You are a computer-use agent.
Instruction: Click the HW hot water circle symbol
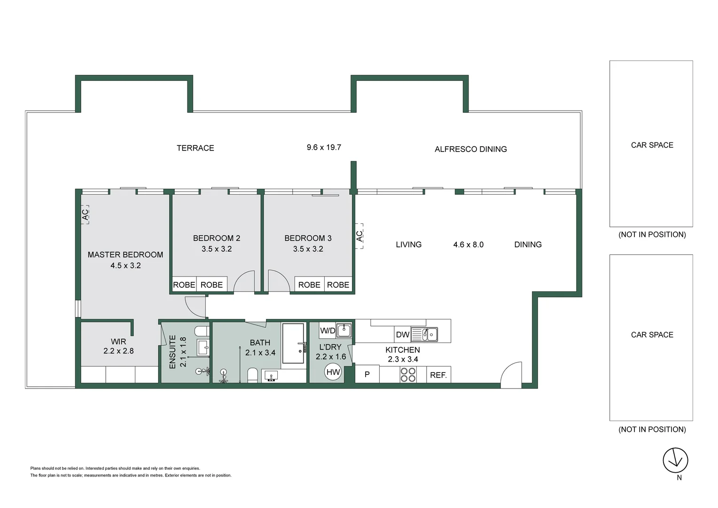click(x=333, y=372)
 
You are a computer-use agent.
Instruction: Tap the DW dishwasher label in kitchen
click(x=402, y=335)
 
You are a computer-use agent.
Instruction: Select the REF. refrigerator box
click(x=438, y=374)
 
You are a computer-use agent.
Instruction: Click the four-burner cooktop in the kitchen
click(x=408, y=374)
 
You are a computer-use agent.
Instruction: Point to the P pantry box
click(x=367, y=374)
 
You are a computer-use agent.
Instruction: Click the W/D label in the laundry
click(x=328, y=331)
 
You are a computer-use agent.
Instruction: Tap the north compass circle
click(x=675, y=460)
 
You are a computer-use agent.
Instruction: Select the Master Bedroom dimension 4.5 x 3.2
click(x=125, y=266)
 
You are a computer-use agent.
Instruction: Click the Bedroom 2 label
click(x=217, y=238)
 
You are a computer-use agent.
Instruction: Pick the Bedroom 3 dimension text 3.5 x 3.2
click(x=308, y=249)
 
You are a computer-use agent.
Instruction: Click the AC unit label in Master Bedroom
click(x=85, y=214)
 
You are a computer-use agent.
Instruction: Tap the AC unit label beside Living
click(x=359, y=236)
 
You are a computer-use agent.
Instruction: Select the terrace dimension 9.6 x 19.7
click(x=324, y=147)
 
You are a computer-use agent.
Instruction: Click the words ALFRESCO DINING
click(x=470, y=149)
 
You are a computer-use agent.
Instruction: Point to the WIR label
click(x=118, y=341)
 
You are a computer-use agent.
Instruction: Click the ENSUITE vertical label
click(x=172, y=352)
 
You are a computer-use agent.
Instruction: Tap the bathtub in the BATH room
click(x=293, y=343)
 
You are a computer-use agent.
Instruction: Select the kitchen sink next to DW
click(x=430, y=334)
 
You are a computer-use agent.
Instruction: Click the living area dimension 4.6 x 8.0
click(x=468, y=245)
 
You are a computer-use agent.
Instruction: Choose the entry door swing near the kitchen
click(x=512, y=374)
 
